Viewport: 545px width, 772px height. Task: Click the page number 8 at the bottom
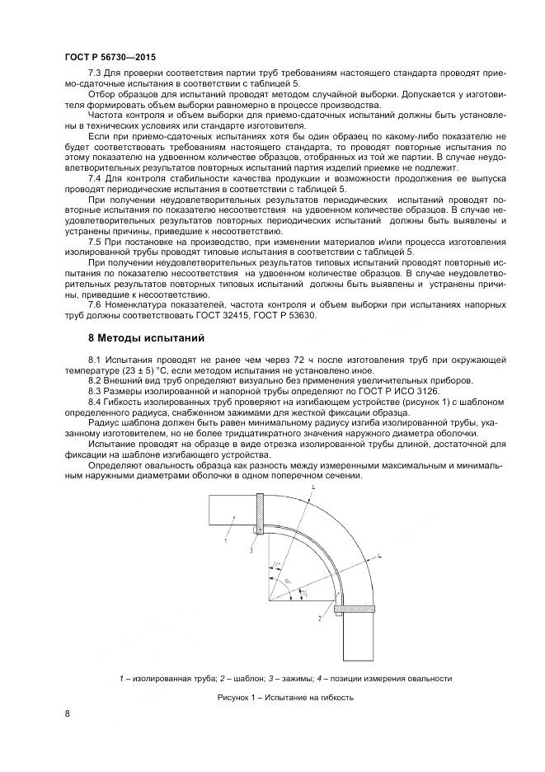67,713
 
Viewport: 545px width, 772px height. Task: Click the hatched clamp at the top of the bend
260,514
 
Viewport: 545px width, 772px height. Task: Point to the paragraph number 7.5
95,241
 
